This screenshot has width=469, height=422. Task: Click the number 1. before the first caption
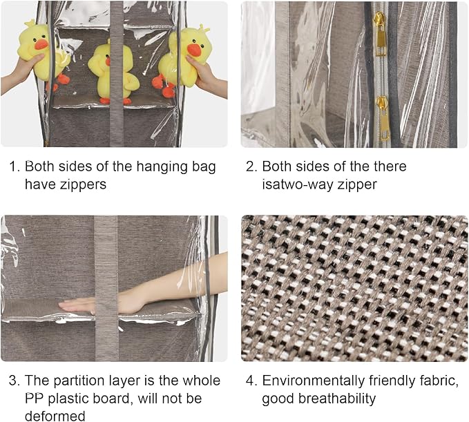click(14, 166)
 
